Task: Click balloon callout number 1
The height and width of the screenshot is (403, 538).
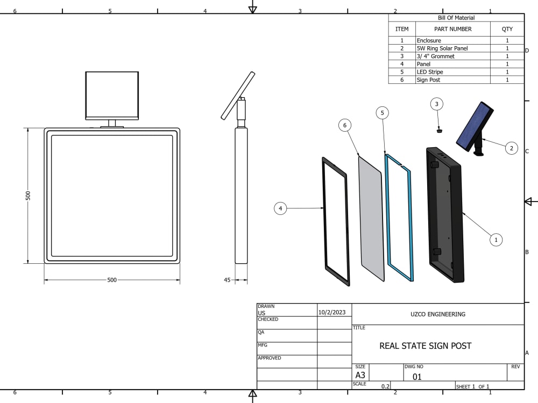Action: pyautogui.click(x=496, y=240)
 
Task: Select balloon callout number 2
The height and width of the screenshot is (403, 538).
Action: pyautogui.click(x=511, y=147)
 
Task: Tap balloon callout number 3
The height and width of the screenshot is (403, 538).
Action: pyautogui.click(x=437, y=104)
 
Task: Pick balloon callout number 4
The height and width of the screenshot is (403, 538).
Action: pyautogui.click(x=280, y=208)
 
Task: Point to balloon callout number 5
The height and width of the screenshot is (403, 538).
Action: pyautogui.click(x=381, y=113)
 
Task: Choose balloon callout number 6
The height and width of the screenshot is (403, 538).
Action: pyautogui.click(x=345, y=125)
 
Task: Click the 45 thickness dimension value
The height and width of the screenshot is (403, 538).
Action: pyautogui.click(x=227, y=280)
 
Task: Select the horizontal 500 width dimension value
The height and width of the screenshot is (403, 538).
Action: pyautogui.click(x=112, y=280)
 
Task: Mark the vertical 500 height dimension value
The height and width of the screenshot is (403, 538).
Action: pyautogui.click(x=29, y=196)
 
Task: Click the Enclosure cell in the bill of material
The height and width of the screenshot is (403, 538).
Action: pyautogui.click(x=429, y=41)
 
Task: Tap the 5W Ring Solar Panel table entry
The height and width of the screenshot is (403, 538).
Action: pyautogui.click(x=442, y=48)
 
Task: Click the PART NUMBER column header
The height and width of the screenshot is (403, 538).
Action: pyautogui.click(x=452, y=29)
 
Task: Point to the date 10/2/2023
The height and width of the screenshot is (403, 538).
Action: pyautogui.click(x=332, y=312)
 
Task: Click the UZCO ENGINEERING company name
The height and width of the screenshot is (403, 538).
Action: pyautogui.click(x=437, y=314)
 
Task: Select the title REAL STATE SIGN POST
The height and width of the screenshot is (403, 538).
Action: pyautogui.click(x=425, y=346)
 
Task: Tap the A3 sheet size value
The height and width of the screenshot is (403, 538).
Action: pyautogui.click(x=360, y=375)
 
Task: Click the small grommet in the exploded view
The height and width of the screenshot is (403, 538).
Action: pyautogui.click(x=440, y=129)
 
